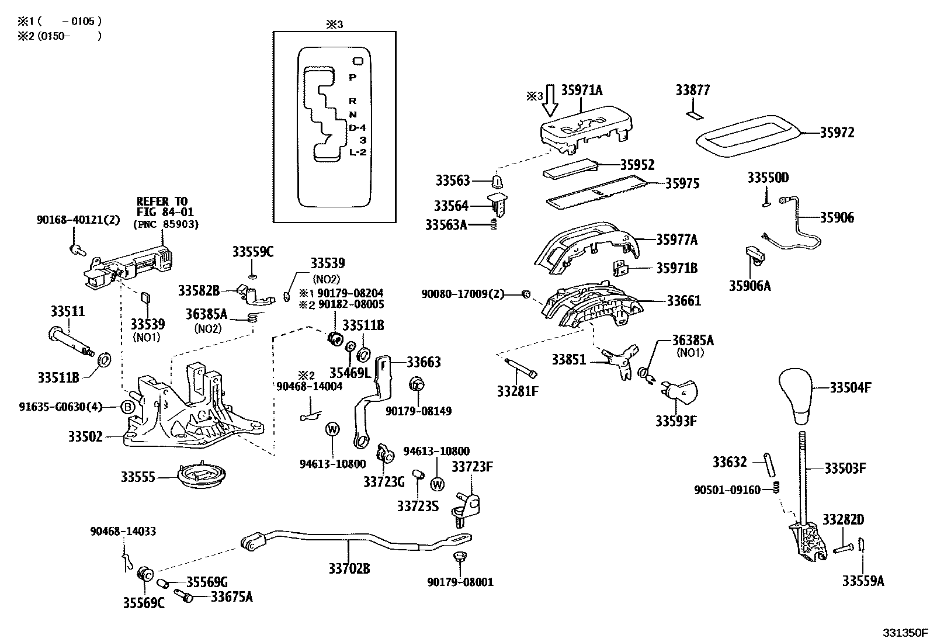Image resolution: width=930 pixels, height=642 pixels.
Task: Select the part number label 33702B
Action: [x=349, y=568]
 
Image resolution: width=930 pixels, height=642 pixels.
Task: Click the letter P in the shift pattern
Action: [x=352, y=77]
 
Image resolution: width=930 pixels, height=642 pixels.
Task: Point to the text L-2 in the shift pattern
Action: [x=358, y=152]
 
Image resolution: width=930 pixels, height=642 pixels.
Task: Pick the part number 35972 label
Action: [x=836, y=133]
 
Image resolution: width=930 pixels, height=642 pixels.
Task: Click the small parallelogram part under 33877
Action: [x=694, y=115]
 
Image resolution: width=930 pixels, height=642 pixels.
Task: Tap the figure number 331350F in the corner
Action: [x=904, y=633]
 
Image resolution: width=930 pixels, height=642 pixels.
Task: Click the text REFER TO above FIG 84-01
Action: [x=162, y=202]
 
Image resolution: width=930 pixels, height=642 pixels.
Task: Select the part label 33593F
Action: [x=676, y=421]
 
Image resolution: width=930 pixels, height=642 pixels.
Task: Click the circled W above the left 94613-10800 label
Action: [x=332, y=429]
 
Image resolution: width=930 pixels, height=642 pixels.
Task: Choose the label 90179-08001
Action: [x=460, y=582]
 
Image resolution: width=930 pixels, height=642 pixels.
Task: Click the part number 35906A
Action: [x=749, y=286]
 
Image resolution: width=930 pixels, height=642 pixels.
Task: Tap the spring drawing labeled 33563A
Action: [x=493, y=224]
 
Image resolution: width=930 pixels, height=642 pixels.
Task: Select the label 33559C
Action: [x=252, y=252]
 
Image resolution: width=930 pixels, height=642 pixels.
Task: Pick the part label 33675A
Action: [x=231, y=596]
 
